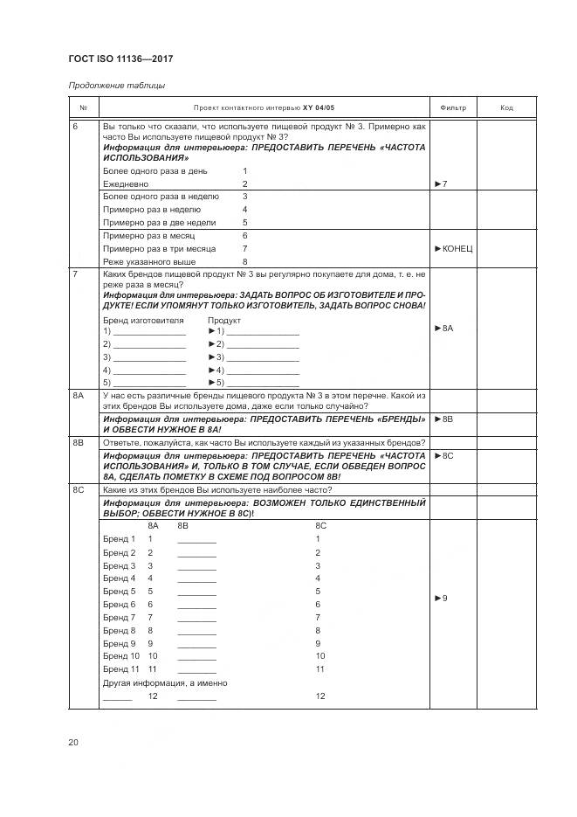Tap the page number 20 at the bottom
click(x=73, y=743)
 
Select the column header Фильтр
click(x=453, y=108)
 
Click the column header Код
click(x=506, y=108)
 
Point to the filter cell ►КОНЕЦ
click(x=453, y=249)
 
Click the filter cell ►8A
click(x=444, y=328)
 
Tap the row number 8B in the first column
click(x=78, y=443)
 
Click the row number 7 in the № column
click(x=75, y=274)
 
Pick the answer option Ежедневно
click(x=126, y=184)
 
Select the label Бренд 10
click(x=121, y=656)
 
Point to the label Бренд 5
click(x=120, y=592)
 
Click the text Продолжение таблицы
click(x=117, y=86)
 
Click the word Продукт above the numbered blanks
click(x=223, y=320)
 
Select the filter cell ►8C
click(x=443, y=456)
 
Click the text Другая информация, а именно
click(x=165, y=682)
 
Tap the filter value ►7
click(x=440, y=184)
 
